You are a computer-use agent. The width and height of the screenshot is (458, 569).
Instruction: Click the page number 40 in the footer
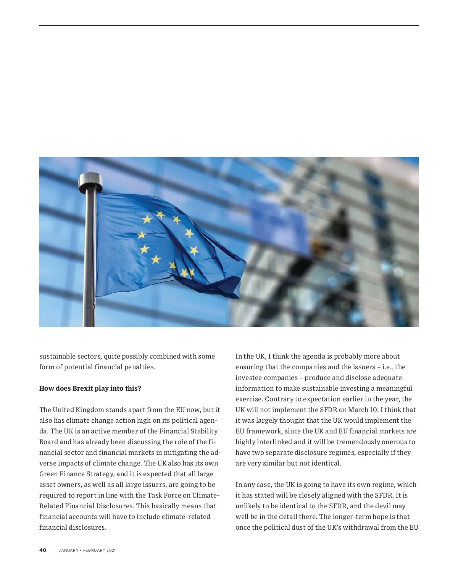point(43,550)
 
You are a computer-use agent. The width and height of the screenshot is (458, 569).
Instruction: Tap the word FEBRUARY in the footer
point(94,550)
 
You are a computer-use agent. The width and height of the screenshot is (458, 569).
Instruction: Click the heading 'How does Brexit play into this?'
point(90,388)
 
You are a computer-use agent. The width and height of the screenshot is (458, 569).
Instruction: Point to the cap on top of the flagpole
point(90,182)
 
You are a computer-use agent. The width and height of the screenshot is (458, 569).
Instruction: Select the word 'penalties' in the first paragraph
point(139,367)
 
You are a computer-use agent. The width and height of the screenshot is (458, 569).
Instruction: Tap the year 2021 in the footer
point(111,550)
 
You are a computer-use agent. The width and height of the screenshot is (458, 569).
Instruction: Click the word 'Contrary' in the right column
point(279,399)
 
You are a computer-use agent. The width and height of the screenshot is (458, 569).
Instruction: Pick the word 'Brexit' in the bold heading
point(83,388)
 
